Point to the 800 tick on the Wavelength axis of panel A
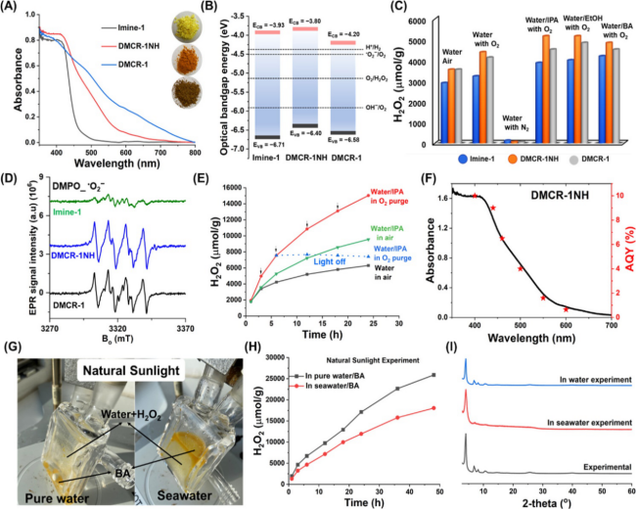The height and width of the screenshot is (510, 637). coord(194,154)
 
